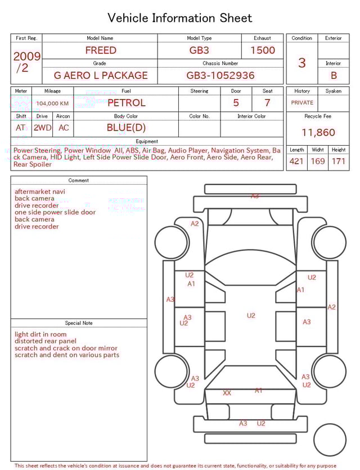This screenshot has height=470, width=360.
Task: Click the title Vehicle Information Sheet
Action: pos(180,18)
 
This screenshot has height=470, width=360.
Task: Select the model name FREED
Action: pos(101,50)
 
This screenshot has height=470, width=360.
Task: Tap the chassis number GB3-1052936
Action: pos(220,75)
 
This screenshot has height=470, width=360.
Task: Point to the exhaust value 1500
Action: pos(263,50)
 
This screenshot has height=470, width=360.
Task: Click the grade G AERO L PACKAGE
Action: pos(101,75)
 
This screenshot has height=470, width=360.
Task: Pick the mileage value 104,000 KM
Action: pos(52,104)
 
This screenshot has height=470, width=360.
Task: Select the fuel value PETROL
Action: pos(127,103)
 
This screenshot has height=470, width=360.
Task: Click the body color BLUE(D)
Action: pos(126,128)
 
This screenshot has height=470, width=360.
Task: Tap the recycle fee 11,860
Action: pos(318,133)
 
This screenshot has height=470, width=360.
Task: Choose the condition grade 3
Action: pos(302,62)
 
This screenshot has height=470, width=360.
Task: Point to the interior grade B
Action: pos(334,75)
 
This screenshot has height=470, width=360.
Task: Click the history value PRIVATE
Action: pos(302,103)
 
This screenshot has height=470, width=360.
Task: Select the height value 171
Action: pos(339,162)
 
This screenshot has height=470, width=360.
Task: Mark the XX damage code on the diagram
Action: pos(227,393)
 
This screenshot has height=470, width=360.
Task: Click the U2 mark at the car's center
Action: pos(251,316)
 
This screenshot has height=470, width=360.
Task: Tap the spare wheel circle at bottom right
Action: pos(330,440)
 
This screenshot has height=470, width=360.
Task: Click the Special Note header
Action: pos(79,323)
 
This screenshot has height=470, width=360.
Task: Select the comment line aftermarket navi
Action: pos(40,191)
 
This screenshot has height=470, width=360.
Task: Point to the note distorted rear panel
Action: pos(46,341)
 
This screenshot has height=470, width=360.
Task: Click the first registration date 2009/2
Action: pos(26,62)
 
